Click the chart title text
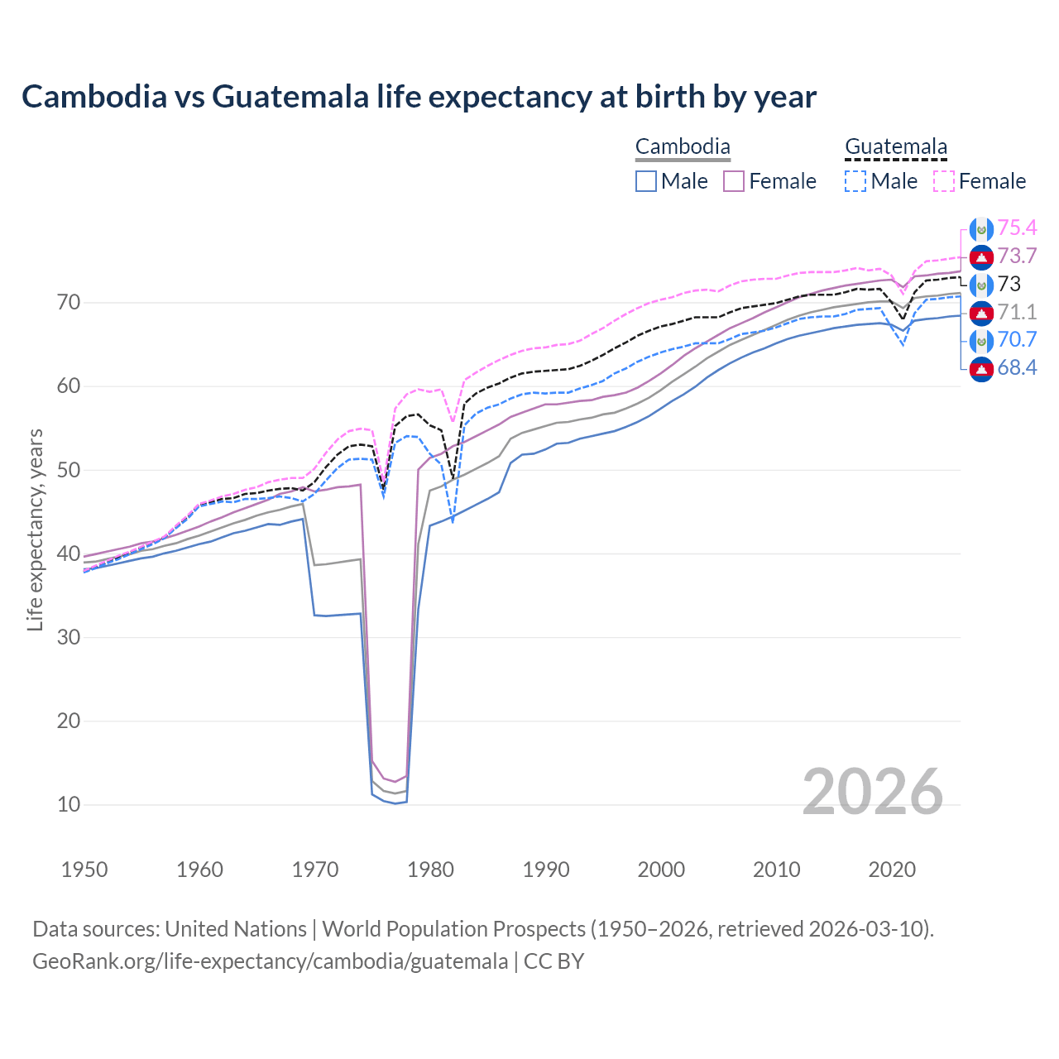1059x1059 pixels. coord(419,97)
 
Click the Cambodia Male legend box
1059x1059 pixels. coord(646,181)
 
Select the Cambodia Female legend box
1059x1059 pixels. coord(734,181)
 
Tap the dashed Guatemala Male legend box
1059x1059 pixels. coord(855,181)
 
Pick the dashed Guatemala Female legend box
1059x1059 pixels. coord(943,181)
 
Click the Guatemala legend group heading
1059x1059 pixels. coord(895,147)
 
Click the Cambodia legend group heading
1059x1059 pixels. coord(683,147)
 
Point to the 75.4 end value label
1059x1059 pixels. coord(1017,228)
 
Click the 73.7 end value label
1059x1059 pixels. coord(1017,256)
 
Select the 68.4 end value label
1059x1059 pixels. coord(1017,368)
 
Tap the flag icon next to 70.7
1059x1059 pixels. coord(981,340)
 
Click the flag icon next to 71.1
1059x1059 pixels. coord(981,313)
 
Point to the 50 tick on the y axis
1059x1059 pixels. coord(69,470)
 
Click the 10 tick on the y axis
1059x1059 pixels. coord(69,804)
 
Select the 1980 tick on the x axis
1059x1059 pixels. coord(431,870)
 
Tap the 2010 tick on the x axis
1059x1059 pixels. coord(776,870)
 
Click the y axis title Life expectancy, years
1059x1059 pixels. coord(35,529)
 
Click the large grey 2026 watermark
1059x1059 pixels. coord(872,792)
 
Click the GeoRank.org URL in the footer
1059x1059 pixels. coord(270,961)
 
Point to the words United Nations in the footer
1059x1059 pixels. coord(236,929)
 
